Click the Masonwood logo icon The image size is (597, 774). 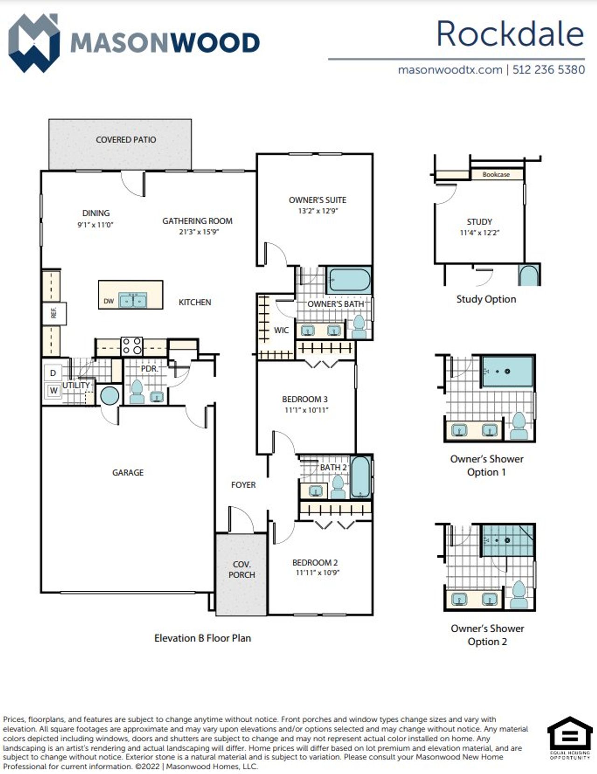pyautogui.click(x=34, y=43)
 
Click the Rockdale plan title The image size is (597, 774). pyautogui.click(x=510, y=34)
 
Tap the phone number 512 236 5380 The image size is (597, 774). pyautogui.click(x=548, y=70)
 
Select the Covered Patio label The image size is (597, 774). pyautogui.click(x=126, y=139)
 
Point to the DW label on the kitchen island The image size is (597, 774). pyautogui.click(x=109, y=301)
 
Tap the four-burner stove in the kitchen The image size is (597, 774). pyautogui.click(x=132, y=346)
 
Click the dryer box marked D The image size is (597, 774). pyautogui.click(x=53, y=373)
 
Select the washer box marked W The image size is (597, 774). pyautogui.click(x=54, y=390)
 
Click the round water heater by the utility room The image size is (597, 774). pyautogui.click(x=110, y=396)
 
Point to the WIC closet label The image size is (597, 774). pyautogui.click(x=281, y=330)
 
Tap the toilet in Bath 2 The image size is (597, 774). pyautogui.click(x=338, y=488)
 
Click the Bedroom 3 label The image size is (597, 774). pyautogui.click(x=305, y=399)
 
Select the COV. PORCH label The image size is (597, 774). pyautogui.click(x=242, y=569)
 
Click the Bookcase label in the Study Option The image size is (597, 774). pyautogui.click(x=496, y=174)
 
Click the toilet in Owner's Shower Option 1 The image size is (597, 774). pyautogui.click(x=518, y=426)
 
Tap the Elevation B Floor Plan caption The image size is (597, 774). pyautogui.click(x=202, y=638)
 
